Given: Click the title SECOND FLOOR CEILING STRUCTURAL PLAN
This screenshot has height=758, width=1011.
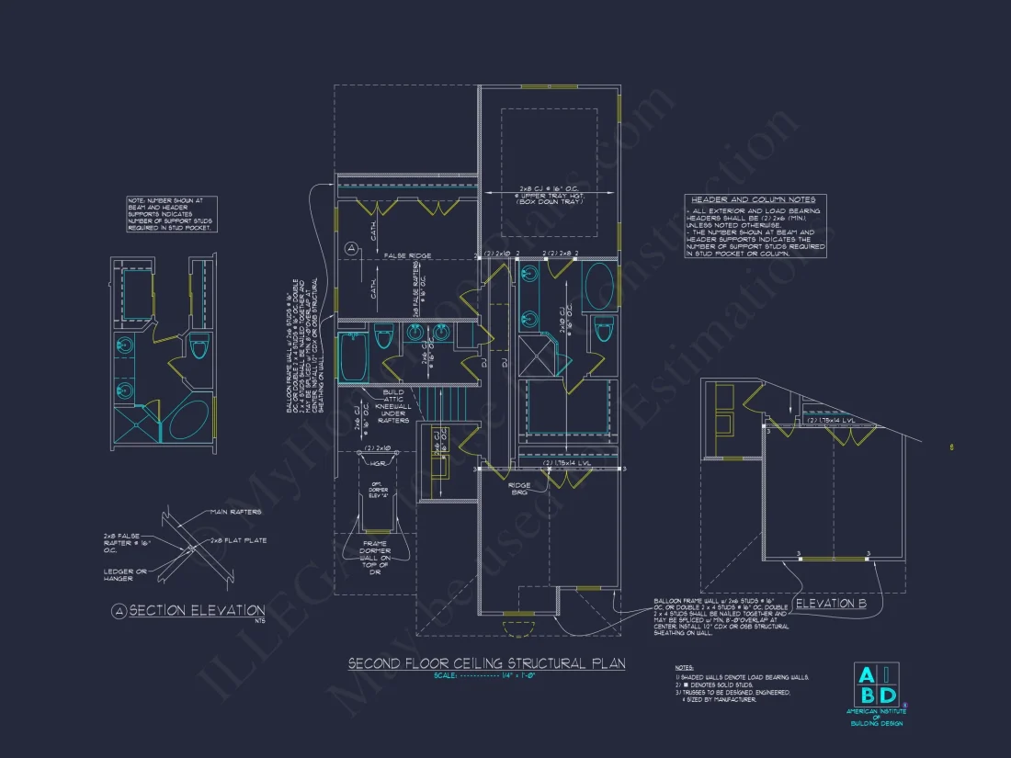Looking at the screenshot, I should tap(486, 662).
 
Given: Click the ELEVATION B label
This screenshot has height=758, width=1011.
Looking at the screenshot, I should tap(831, 604).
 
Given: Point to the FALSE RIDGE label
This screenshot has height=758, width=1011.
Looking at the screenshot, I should tap(408, 255).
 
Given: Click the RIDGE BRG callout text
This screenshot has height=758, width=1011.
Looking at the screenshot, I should tap(519, 489).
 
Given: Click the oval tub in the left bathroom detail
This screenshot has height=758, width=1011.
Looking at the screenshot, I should tap(187, 422).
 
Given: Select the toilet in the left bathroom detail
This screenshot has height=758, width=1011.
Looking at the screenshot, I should tap(199, 346).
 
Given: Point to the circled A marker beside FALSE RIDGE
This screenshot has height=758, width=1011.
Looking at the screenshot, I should tap(350, 248).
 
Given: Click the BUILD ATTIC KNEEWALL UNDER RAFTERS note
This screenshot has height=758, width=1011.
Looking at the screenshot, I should tap(393, 406).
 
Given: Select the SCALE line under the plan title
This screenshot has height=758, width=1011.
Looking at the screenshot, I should tap(486, 676).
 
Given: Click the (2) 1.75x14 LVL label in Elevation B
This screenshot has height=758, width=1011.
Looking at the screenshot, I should tap(832, 420).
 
